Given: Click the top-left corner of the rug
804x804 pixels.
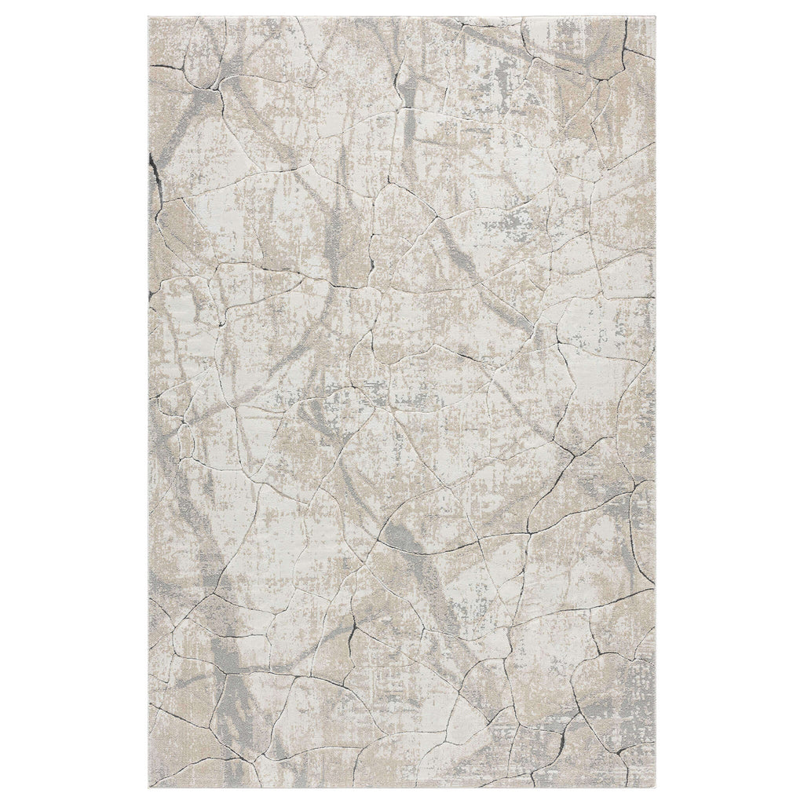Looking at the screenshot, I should click(x=148, y=16).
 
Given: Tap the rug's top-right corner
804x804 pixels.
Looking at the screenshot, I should click(x=656, y=16).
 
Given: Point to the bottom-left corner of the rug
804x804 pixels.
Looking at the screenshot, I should click(x=148, y=786).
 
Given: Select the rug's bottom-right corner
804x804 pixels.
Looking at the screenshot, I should click(x=656, y=786).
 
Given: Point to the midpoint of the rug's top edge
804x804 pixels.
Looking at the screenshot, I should click(x=402, y=16).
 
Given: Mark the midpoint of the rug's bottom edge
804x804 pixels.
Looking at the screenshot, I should click(x=402, y=786).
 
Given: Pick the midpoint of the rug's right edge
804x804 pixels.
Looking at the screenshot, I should click(x=656, y=402).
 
